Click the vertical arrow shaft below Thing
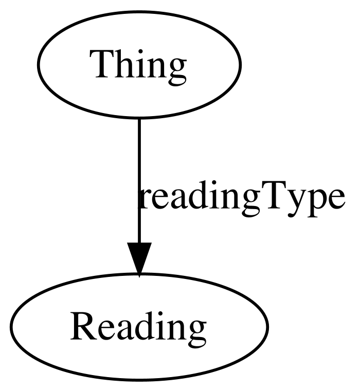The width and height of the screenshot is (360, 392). (139, 180)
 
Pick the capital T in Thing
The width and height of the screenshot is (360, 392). (102, 64)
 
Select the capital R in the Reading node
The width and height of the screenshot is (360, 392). (84, 326)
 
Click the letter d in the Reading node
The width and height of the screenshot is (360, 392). (138, 325)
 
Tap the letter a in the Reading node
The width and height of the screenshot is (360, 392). (120, 330)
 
